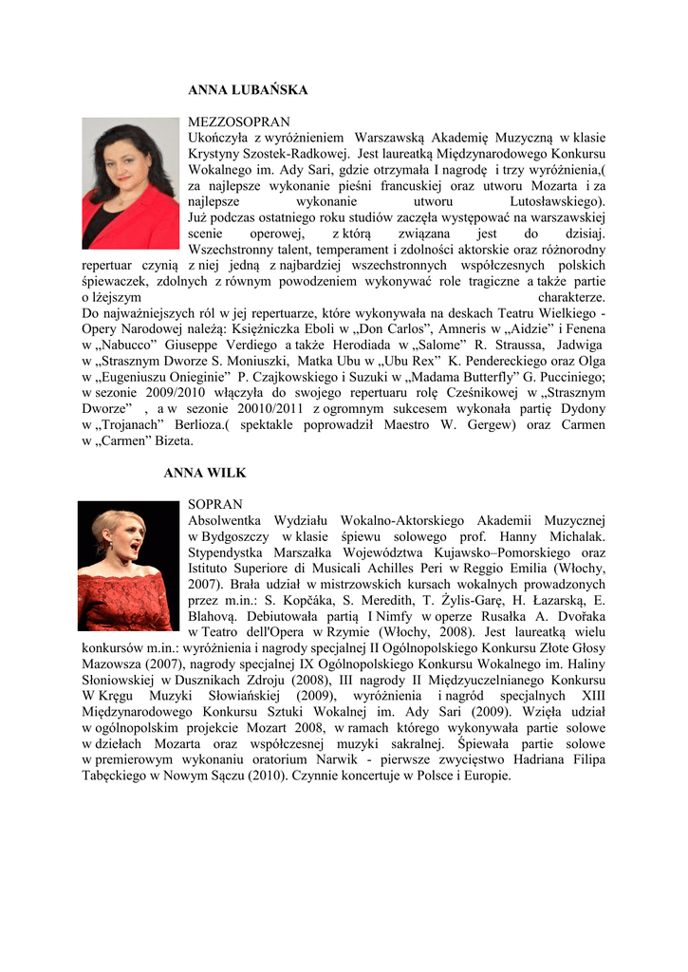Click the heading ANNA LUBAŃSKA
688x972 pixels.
coord(248,90)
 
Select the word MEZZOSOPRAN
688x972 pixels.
coord(239,122)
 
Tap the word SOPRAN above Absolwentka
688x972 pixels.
coord(215,504)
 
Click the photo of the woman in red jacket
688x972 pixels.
coord(130,183)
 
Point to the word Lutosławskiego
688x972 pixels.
coord(556,201)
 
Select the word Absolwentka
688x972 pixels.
coord(226,520)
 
